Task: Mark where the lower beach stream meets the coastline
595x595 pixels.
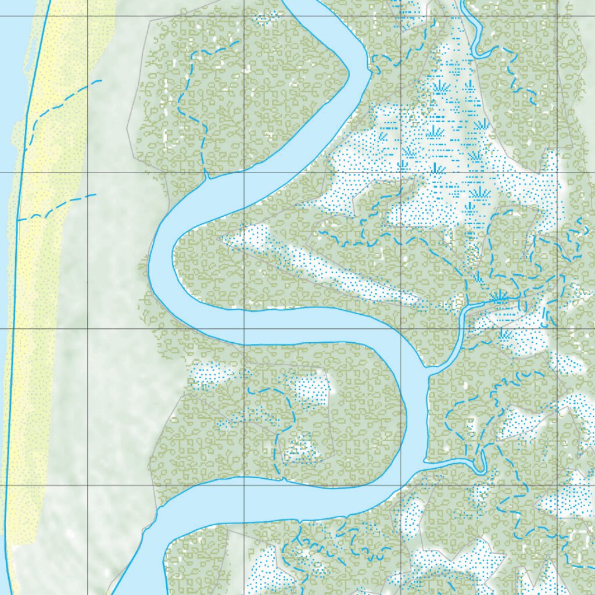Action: point(18,220)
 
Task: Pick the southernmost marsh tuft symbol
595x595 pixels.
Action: point(503,334)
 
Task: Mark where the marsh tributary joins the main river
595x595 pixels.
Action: point(430,371)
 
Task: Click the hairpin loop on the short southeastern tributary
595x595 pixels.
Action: point(480,462)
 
